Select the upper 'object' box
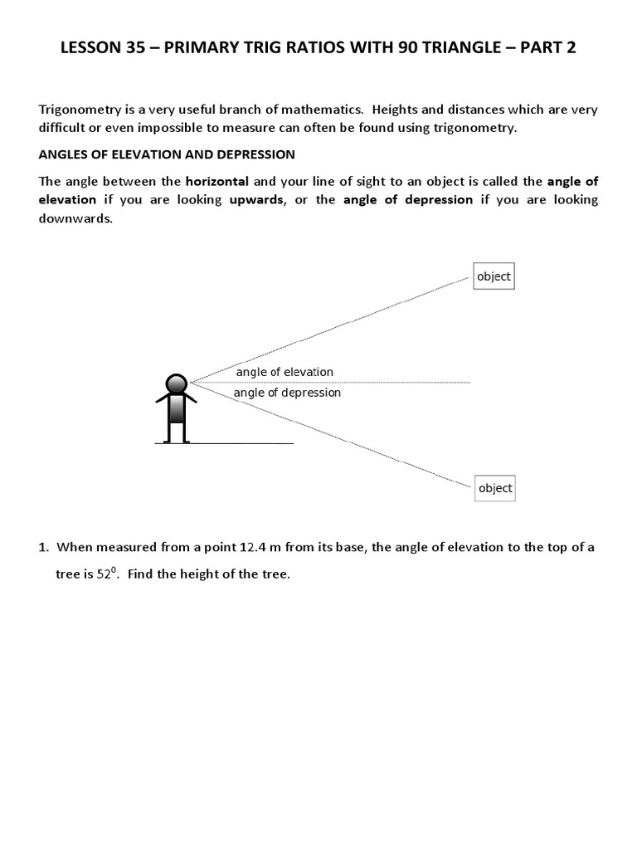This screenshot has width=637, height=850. (x=494, y=276)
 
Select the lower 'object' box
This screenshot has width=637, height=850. (x=495, y=488)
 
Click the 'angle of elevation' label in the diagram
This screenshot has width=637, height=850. (x=284, y=373)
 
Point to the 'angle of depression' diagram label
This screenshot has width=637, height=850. (x=287, y=393)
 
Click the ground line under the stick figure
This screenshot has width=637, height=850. (x=224, y=444)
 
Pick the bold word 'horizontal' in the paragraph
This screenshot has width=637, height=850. (x=216, y=181)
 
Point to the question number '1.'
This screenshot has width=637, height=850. (x=44, y=547)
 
